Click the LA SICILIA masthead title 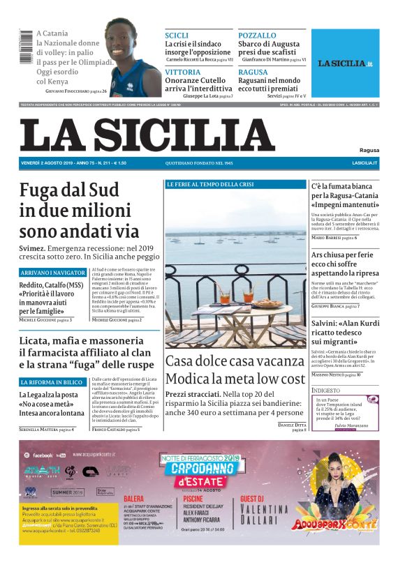[x=147, y=135]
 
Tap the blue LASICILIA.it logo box [x=346, y=63]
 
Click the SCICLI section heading [x=177, y=36]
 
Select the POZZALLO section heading [x=256, y=36]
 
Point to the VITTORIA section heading [x=182, y=73]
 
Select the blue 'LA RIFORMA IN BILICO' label [x=52, y=382]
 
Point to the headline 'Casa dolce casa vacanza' [x=235, y=362]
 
